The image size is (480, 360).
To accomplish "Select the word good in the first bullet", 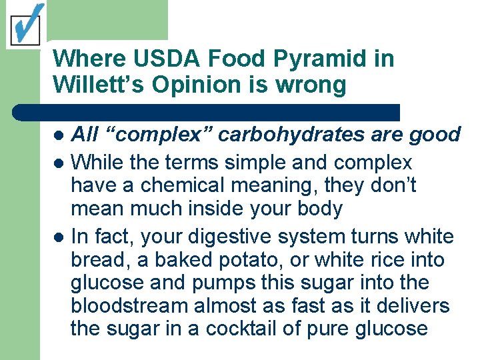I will click(434, 135).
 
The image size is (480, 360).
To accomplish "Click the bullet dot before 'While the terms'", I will click(59, 163).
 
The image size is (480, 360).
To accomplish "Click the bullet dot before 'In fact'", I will click(59, 237).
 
